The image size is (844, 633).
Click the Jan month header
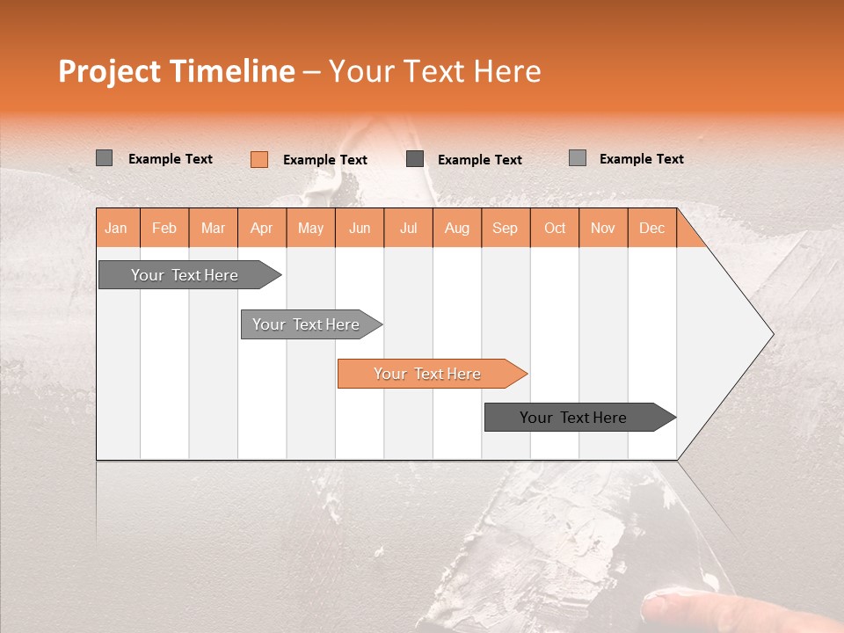[x=116, y=229]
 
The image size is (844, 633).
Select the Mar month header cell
[x=213, y=229]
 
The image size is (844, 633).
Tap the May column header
[x=310, y=229]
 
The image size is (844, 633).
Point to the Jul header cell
[x=408, y=229]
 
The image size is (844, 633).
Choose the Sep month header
[x=505, y=229]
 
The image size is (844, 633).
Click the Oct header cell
[x=555, y=229]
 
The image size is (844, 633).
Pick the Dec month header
[x=651, y=229]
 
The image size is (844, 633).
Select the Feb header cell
[x=164, y=229]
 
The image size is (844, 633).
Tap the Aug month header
[x=456, y=229]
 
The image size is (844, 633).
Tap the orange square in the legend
[x=259, y=159]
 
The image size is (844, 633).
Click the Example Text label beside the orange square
[x=325, y=160]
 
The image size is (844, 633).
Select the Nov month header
[x=603, y=229]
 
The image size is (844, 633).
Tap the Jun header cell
[x=360, y=229]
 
